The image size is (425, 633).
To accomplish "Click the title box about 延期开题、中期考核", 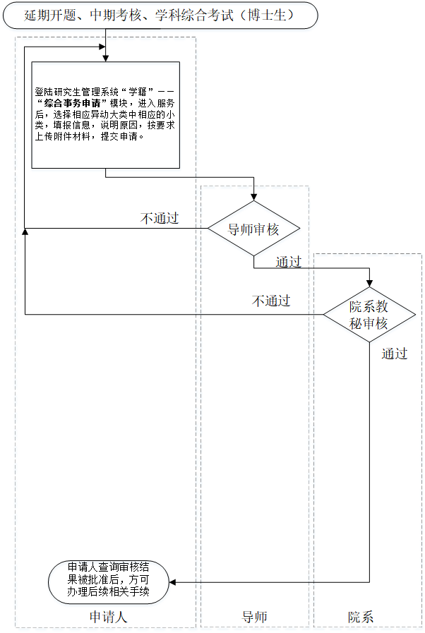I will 160,15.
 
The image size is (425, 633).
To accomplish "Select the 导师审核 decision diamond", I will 253,229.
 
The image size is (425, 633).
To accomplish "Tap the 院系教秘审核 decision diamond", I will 369,315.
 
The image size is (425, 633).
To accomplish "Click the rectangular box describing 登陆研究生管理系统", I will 105,115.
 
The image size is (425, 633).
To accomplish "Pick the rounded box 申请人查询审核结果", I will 109,581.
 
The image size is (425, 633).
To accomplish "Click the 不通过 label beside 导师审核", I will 160,218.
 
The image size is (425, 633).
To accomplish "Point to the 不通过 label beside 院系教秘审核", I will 271,301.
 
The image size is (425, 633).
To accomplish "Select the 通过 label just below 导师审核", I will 288,263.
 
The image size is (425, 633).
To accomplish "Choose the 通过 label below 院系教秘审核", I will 395,354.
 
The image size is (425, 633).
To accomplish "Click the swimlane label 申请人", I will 108,617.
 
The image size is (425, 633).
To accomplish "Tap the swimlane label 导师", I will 255,617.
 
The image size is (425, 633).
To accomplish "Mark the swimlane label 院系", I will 361,617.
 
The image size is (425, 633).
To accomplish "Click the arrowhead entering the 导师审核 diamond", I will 253,198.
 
